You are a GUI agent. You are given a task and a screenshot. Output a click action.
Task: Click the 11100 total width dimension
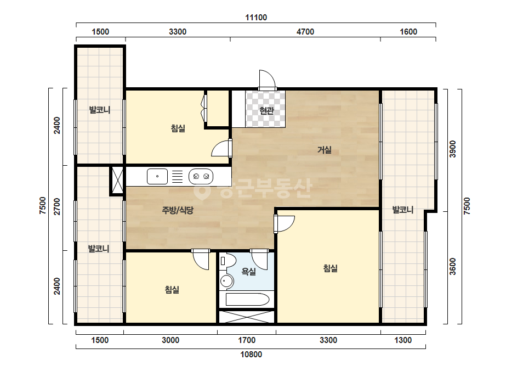pos(256,17)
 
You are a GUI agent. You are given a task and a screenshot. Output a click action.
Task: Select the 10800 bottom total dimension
pos(251,355)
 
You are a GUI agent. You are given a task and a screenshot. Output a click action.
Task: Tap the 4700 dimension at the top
pos(305,32)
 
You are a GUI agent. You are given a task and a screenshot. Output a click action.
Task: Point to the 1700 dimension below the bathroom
pos(247,340)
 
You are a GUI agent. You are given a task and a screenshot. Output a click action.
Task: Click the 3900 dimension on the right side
pos(453,149)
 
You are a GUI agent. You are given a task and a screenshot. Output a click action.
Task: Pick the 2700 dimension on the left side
pos(57,206)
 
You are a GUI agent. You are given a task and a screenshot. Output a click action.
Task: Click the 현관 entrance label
pos(266,111)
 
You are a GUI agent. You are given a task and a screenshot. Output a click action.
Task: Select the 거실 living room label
pos(325,150)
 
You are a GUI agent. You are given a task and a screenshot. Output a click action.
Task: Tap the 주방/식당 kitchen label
pos(178,210)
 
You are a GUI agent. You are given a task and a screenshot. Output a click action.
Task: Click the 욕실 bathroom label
pos(248,272)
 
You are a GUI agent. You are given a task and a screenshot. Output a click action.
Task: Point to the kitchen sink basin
pos(157,177)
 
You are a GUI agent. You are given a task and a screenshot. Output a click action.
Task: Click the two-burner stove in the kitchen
pos(201,177)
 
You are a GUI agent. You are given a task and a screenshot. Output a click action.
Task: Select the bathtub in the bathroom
pos(247,300)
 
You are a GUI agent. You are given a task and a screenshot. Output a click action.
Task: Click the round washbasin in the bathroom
pos(226,281)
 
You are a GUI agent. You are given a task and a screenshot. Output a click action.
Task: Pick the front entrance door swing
pos(267,80)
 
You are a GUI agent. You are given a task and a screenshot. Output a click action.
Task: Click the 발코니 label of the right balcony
pos(403,210)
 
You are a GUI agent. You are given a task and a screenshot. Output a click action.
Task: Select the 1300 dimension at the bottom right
pos(403,340)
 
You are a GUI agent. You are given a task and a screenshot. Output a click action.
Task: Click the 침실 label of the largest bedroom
pos(331,268)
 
